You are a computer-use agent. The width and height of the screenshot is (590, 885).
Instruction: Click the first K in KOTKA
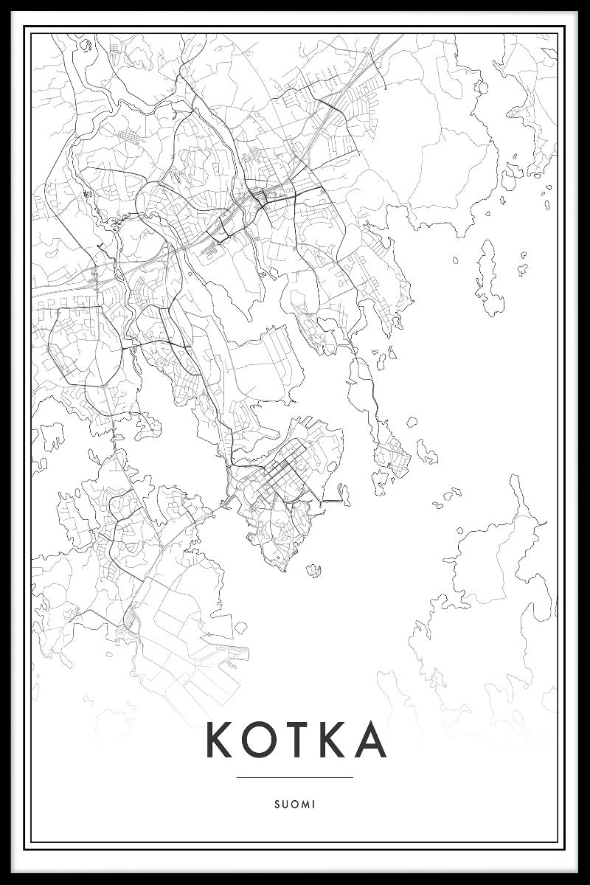pyautogui.click(x=221, y=740)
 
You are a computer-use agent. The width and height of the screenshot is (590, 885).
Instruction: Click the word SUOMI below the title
pyautogui.click(x=295, y=805)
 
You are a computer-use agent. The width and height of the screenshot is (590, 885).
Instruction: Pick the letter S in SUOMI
pyautogui.click(x=277, y=805)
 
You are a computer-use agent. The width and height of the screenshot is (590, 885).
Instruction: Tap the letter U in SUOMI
pyautogui.click(x=285, y=805)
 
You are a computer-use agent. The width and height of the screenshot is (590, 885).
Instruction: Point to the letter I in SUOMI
pyautogui.click(x=313, y=805)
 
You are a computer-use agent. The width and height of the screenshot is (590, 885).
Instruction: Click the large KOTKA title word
pyautogui.click(x=295, y=740)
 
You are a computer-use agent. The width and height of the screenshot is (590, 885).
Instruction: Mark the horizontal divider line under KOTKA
pyautogui.click(x=295, y=777)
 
